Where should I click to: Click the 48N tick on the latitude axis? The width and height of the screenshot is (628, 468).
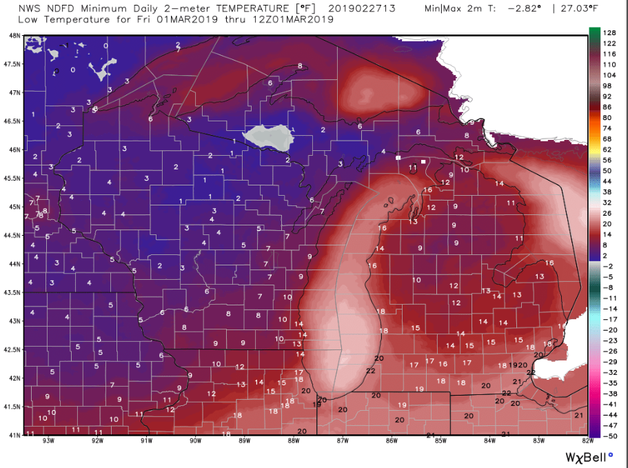pyautogui.click(x=12, y=35)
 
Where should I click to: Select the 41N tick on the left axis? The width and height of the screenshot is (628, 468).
pyautogui.click(x=12, y=435)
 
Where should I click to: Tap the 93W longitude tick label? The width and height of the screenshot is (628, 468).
pyautogui.click(x=48, y=442)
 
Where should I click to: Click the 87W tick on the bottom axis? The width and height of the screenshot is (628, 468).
pyautogui.click(x=343, y=442)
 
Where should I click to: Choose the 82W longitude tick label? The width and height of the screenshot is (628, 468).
pyautogui.click(x=587, y=442)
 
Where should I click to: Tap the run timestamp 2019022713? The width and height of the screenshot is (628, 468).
pyautogui.click(x=339, y=9)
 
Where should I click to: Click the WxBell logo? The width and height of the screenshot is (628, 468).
pyautogui.click(x=589, y=456)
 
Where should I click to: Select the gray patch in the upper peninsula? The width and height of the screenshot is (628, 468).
pyautogui.click(x=270, y=136)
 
